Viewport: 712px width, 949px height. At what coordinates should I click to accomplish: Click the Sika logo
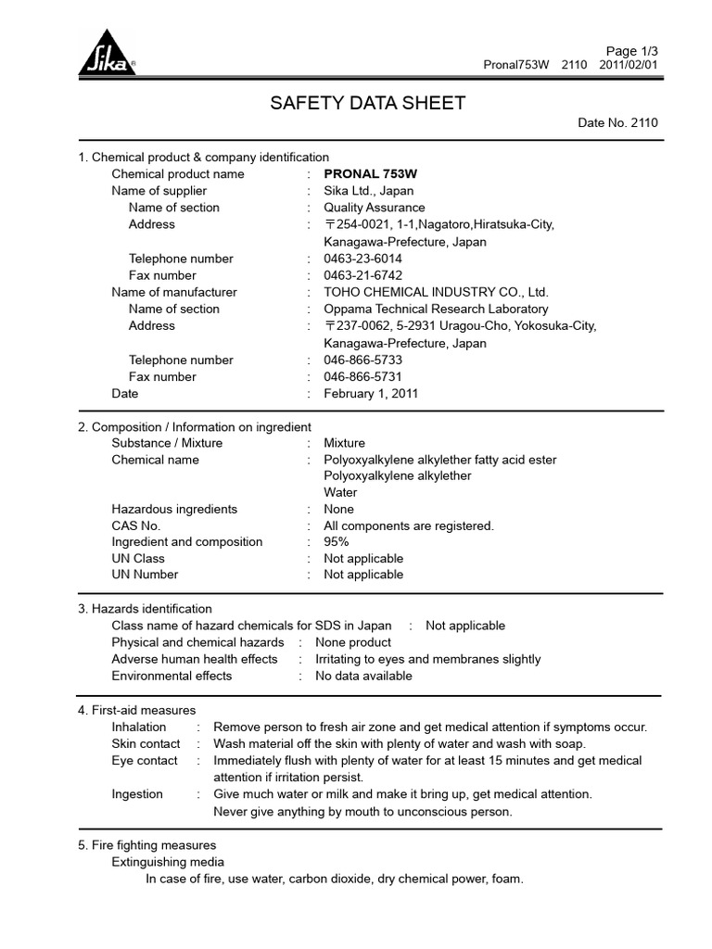106,58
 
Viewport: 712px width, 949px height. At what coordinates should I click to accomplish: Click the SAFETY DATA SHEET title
368,103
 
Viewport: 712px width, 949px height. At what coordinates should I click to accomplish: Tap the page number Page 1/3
631,50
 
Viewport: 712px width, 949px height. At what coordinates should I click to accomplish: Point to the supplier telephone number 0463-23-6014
362,259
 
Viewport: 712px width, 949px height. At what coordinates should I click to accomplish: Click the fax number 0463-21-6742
362,275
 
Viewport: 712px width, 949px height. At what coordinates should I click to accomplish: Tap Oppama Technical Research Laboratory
436,309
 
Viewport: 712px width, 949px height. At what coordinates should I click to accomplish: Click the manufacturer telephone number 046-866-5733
362,360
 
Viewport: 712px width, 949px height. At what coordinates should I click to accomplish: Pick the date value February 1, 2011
371,393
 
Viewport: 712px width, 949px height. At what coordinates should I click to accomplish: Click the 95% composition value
337,542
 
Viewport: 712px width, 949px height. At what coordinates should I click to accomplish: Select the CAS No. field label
136,525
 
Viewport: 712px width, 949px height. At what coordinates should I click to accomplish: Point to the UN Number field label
145,575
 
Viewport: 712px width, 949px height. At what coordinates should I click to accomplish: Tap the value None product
353,642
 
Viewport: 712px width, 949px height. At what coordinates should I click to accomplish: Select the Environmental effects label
172,676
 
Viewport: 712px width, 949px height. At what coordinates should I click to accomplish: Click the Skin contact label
146,743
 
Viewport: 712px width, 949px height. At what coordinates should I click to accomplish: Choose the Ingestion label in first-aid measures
137,793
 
